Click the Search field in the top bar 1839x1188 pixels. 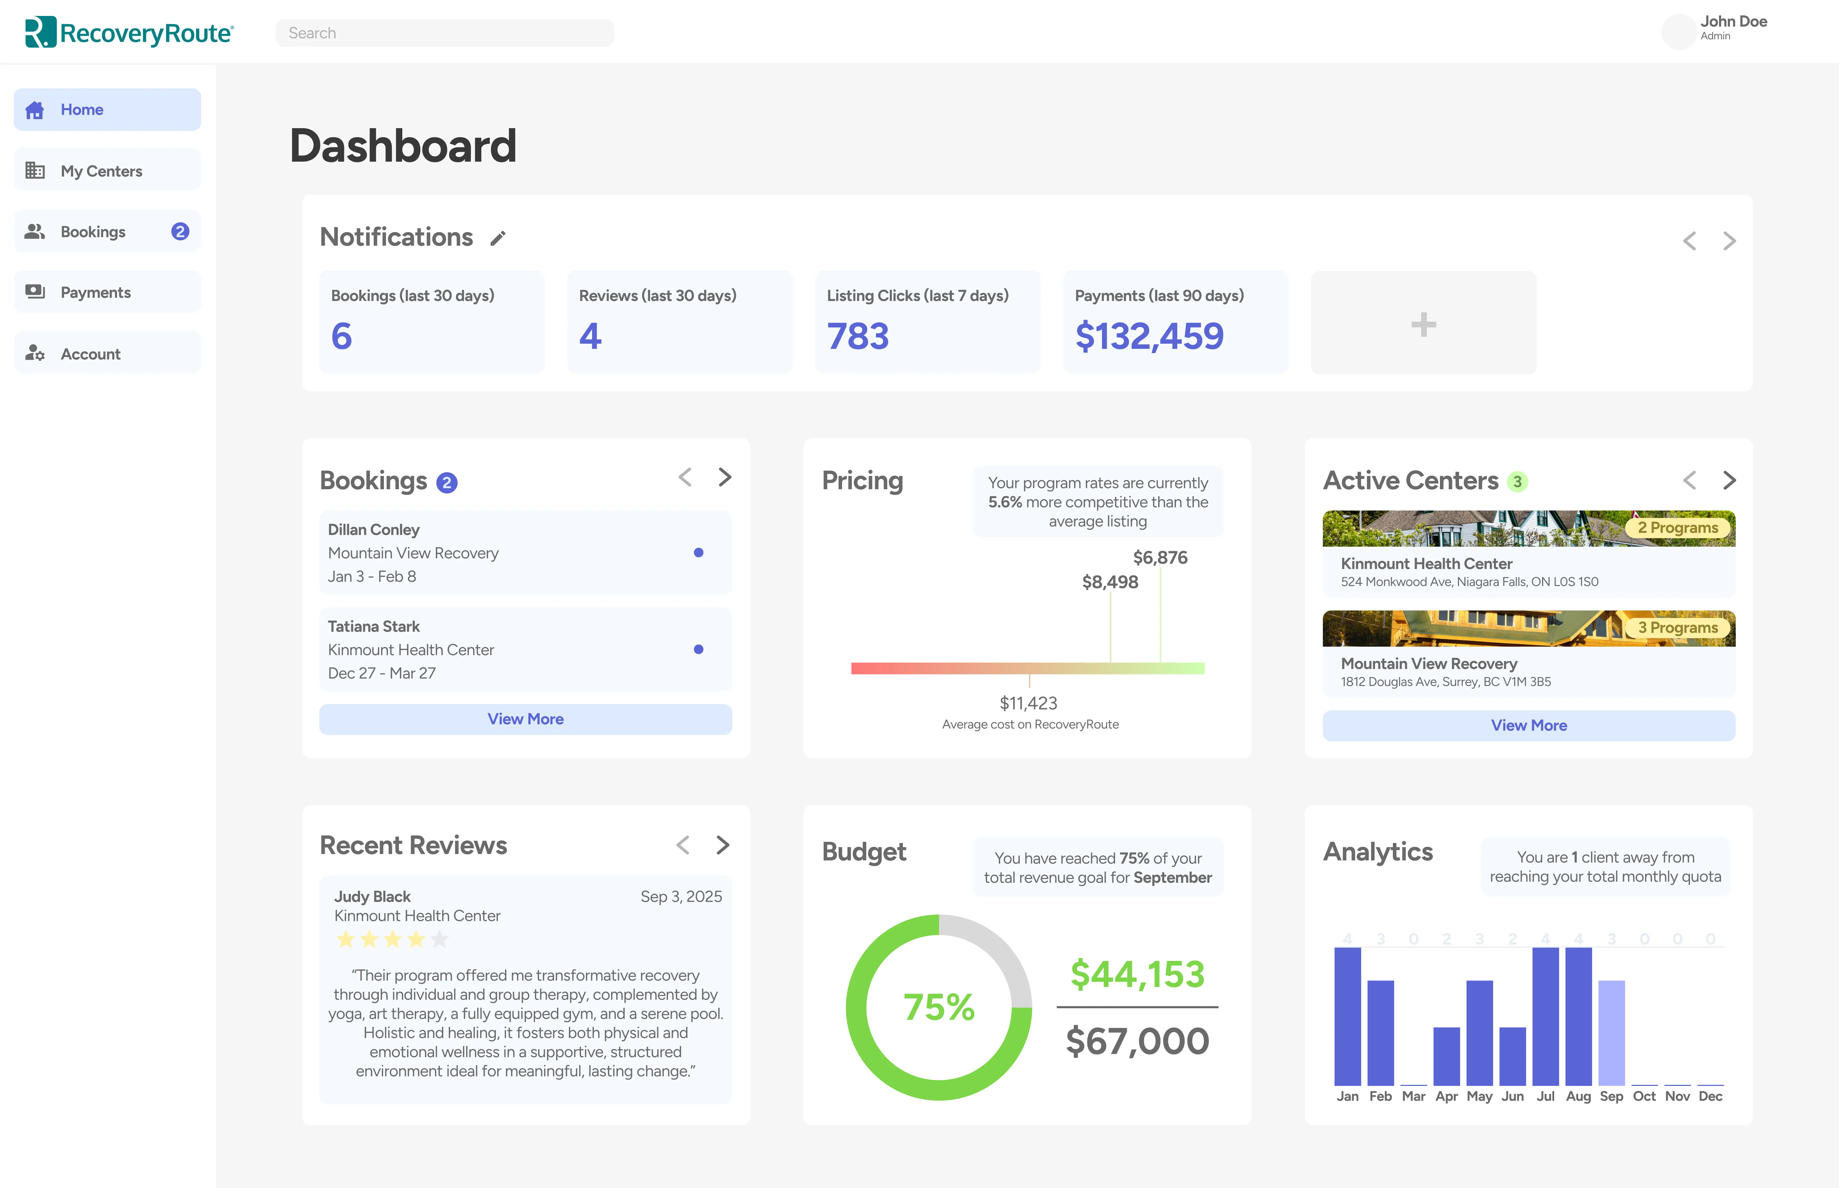pos(445,33)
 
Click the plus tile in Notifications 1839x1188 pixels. pos(1423,324)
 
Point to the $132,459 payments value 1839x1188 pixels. pos(1149,336)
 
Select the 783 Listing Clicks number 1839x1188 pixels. pos(858,336)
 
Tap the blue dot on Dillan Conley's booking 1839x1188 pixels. pos(698,552)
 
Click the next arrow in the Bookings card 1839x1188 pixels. pos(724,478)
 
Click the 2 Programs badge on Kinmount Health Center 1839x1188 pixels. pos(1678,528)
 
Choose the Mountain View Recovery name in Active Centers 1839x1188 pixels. pos(1428,663)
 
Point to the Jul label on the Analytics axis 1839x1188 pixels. pos(1545,1096)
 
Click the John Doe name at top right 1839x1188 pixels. pos(1733,22)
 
